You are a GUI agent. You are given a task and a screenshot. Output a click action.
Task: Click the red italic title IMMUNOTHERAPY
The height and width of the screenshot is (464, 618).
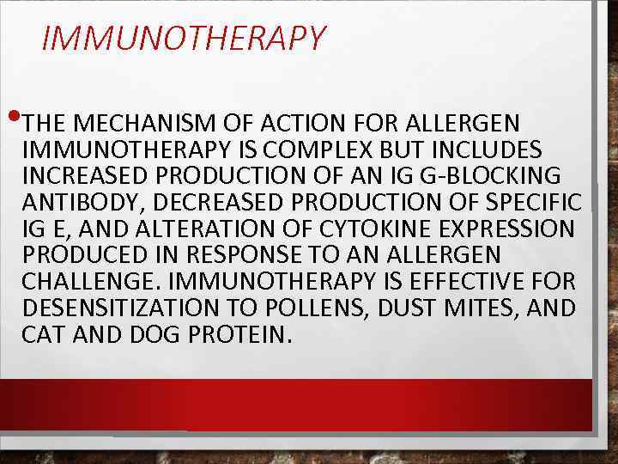coord(184,39)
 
